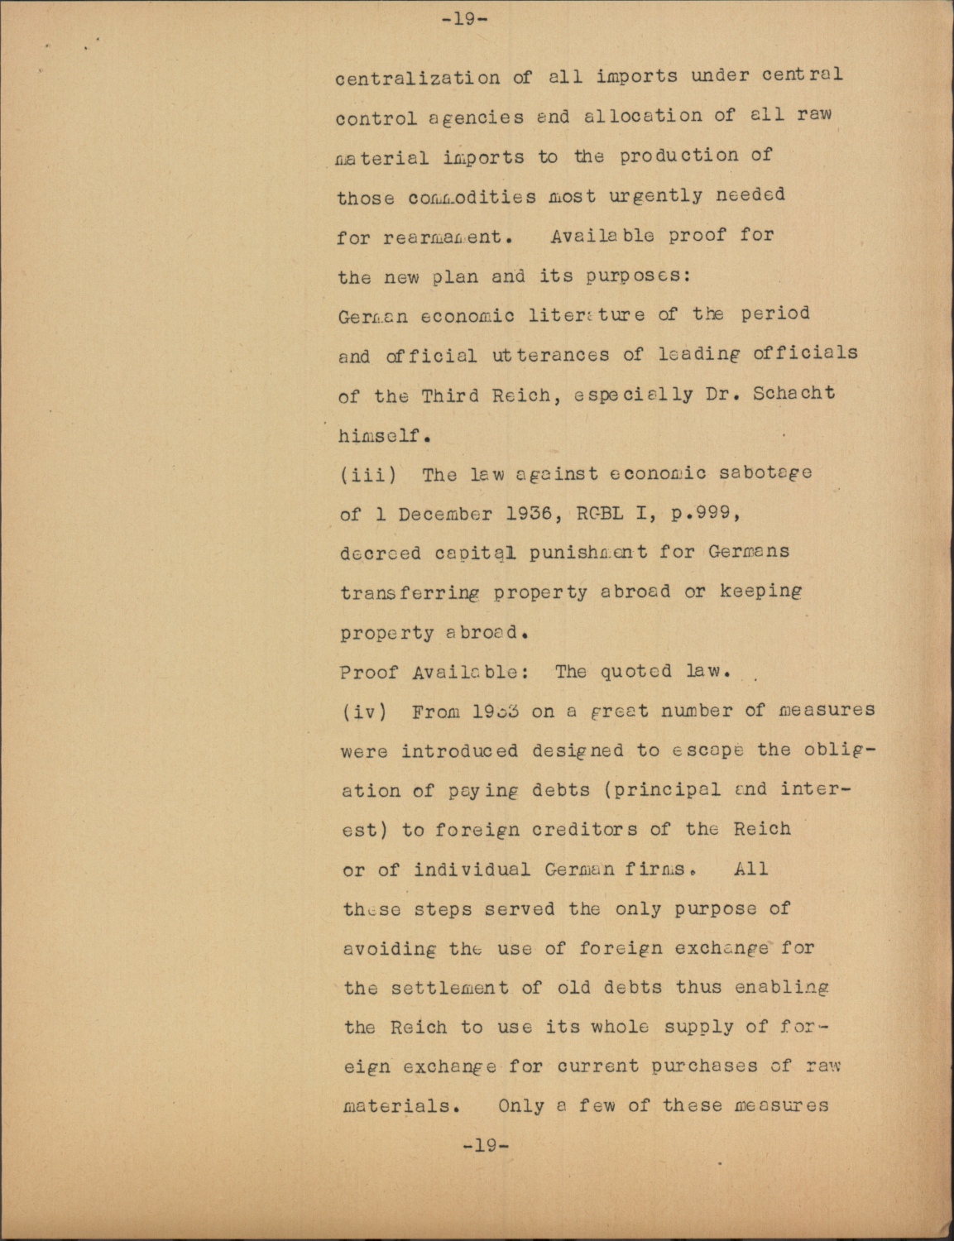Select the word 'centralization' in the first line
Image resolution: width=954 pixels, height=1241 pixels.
pos(418,78)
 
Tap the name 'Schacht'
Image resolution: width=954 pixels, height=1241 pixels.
pos(793,392)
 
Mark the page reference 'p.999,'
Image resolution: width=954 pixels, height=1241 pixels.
pos(699,513)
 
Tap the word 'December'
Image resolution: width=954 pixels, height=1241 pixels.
pos(444,514)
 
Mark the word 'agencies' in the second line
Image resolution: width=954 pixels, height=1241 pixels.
pos(477,117)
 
